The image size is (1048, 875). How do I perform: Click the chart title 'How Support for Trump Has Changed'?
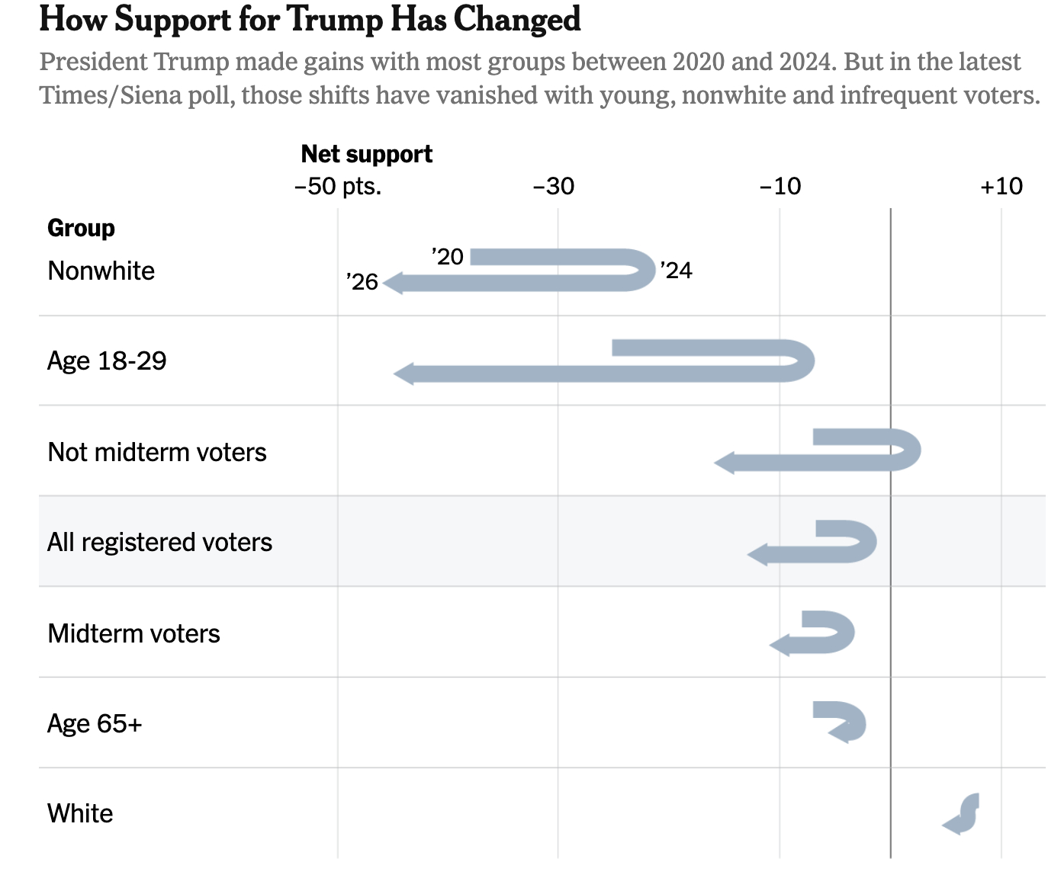click(x=310, y=19)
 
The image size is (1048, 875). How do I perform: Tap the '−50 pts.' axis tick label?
click(x=338, y=186)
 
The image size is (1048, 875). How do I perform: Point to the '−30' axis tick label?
click(x=554, y=186)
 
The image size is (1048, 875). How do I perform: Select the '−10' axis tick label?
click(x=780, y=186)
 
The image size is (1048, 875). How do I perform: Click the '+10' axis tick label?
click(x=1001, y=186)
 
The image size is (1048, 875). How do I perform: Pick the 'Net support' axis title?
click(x=366, y=154)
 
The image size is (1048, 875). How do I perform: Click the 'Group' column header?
click(x=81, y=228)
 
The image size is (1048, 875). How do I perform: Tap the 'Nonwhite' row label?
click(x=101, y=271)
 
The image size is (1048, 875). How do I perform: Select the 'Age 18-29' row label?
click(x=107, y=361)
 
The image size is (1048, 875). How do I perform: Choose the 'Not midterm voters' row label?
click(x=157, y=452)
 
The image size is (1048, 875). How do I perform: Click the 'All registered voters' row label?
click(x=159, y=542)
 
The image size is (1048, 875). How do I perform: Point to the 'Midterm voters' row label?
click(x=133, y=633)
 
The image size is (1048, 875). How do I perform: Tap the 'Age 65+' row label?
click(x=95, y=723)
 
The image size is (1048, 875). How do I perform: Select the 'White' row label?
click(x=80, y=813)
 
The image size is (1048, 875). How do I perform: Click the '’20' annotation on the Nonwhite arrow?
click(x=448, y=257)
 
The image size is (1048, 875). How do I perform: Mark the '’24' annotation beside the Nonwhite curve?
click(x=676, y=271)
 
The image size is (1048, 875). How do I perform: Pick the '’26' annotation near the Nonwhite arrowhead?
click(x=362, y=282)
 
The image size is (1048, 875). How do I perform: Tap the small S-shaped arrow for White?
click(x=963, y=814)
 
